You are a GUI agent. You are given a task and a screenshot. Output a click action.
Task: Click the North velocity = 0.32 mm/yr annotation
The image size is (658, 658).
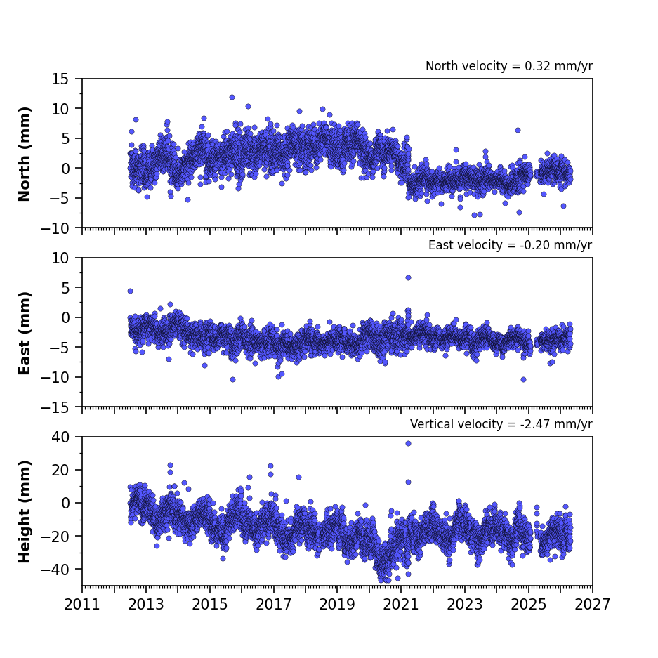[x=509, y=66]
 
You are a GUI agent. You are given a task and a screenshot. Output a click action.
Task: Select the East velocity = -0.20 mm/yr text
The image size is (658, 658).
[x=511, y=245]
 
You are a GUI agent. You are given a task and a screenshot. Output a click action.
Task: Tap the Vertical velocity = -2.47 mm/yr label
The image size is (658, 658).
[x=501, y=424]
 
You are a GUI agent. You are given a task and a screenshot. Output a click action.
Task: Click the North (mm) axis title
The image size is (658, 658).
[x=25, y=154]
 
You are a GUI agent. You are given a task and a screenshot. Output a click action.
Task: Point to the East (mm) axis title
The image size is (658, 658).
[x=25, y=333]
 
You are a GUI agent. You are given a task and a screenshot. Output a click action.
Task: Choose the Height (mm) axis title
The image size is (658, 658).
[x=25, y=511]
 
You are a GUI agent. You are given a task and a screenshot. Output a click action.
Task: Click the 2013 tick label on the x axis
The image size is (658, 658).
[x=145, y=605]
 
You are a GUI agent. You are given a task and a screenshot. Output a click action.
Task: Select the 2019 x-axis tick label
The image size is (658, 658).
[x=337, y=605]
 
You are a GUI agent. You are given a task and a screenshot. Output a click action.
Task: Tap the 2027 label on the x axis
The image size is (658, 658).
[x=592, y=605]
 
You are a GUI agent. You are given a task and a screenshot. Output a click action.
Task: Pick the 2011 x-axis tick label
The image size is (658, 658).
[x=82, y=605]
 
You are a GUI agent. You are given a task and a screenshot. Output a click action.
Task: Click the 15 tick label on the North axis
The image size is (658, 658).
[x=60, y=79]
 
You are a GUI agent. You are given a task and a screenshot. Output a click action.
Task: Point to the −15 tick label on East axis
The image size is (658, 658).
[x=55, y=407]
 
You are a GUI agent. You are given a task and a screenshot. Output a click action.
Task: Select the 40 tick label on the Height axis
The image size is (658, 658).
[x=60, y=437]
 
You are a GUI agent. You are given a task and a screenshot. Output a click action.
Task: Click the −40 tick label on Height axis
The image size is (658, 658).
[x=55, y=570]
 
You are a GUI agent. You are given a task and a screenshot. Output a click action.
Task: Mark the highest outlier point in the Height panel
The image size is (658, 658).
[x=408, y=444]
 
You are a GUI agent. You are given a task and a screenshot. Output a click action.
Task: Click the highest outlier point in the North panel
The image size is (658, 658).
[x=232, y=98]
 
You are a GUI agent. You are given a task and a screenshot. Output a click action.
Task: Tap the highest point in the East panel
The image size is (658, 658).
[x=408, y=278]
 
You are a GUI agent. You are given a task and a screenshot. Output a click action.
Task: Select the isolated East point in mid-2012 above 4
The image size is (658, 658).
[x=130, y=291]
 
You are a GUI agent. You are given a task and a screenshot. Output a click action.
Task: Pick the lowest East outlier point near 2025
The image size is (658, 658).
[x=523, y=380]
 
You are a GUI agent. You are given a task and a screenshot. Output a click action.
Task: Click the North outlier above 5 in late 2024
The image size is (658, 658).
[x=518, y=131]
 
